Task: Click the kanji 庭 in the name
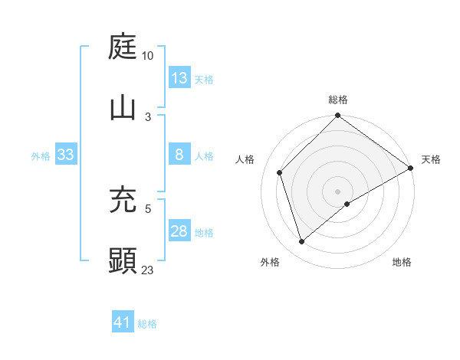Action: [123, 47]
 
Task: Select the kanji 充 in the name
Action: [123, 200]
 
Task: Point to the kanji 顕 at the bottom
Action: [123, 260]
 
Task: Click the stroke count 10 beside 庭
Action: [148, 56]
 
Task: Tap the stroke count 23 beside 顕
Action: [148, 270]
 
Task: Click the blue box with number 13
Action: [179, 78]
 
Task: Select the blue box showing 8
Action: [179, 155]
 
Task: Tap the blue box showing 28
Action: [179, 231]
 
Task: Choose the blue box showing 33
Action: [66, 155]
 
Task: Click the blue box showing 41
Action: [123, 323]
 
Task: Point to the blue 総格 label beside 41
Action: [147, 324]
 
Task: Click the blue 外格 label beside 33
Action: [41, 155]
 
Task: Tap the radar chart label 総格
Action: [338, 100]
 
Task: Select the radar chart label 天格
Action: [431, 159]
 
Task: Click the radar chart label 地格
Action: [402, 262]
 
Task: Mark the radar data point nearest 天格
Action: [410, 168]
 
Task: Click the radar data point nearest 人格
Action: [280, 172]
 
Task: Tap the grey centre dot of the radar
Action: [338, 191]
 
